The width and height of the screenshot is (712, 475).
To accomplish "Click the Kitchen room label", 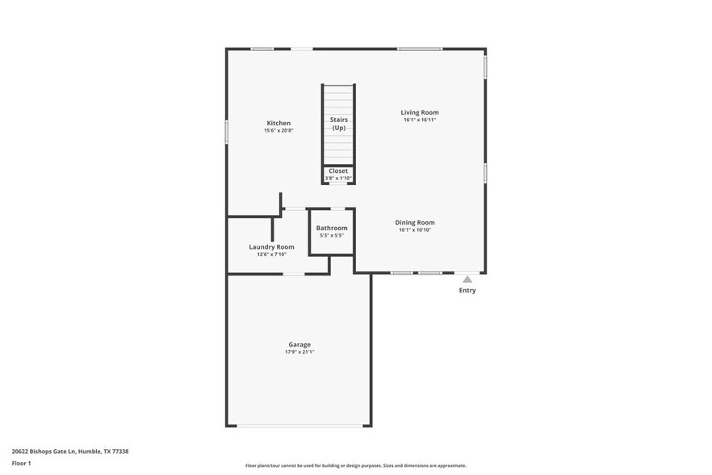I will point(279,123).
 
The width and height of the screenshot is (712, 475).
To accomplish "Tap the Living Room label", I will point(420,112).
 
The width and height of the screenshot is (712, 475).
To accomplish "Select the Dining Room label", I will point(415,222).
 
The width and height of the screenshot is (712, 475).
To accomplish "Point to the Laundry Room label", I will point(271,246).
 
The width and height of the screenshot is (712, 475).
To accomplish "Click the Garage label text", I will point(299,344).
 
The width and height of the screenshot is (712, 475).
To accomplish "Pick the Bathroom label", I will point(332,228).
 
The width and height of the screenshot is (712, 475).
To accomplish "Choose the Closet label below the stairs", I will point(338,170).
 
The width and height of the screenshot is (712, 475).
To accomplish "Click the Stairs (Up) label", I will point(338,124).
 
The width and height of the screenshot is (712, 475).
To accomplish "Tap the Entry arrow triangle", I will point(467,279).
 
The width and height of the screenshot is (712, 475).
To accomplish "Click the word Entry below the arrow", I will point(467,291).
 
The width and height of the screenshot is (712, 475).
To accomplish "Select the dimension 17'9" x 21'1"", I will point(299,352).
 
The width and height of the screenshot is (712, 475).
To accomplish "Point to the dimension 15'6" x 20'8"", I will point(279,131).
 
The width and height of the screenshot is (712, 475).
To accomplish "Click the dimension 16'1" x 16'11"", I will point(420,120).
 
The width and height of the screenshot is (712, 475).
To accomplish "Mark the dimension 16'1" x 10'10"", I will point(415,230).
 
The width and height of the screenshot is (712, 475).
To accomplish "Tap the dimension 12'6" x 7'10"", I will point(271,254).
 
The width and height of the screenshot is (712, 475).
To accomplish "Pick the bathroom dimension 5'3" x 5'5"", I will point(332,236).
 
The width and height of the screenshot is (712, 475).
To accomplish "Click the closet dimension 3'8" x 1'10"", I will point(338,179).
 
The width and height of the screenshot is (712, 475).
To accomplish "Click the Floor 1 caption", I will point(21,464).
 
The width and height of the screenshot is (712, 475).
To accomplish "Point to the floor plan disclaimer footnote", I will point(356,465).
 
